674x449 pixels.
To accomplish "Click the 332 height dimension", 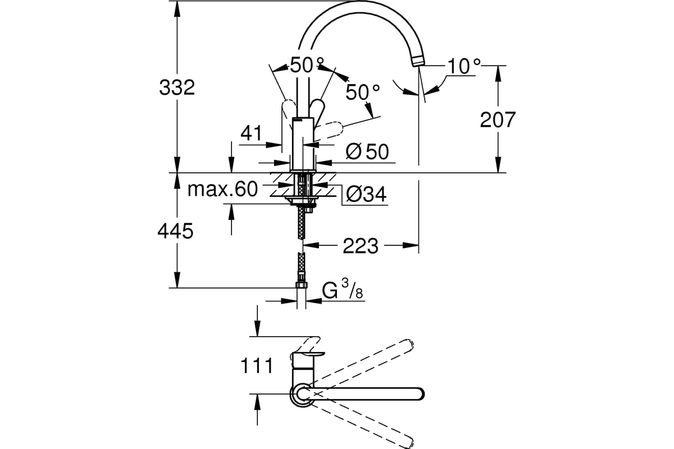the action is coord(177,87).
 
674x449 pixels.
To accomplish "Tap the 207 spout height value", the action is coord(498,120).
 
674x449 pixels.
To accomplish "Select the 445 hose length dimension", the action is coord(175,231).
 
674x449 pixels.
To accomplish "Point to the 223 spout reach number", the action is coord(361,246).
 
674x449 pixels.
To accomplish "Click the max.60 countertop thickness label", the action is coord(222,189).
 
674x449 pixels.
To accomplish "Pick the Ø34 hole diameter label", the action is coord(366,194).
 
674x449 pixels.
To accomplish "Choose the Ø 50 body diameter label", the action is coord(367,152).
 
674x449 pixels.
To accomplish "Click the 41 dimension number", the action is coord(251,132).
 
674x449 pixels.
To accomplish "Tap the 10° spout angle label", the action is coord(464,66).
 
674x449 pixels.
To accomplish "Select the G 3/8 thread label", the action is coord(343,288).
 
